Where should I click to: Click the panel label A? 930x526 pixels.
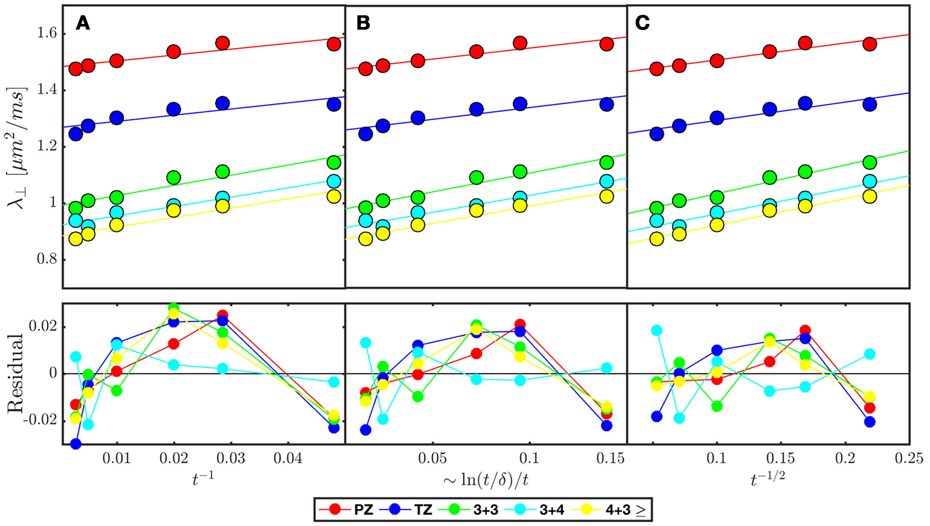(x=82, y=23)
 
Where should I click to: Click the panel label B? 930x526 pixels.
(x=363, y=23)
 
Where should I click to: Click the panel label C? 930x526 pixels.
(x=642, y=23)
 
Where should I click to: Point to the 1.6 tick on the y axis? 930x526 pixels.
(x=44, y=33)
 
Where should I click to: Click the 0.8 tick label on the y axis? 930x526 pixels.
(x=44, y=260)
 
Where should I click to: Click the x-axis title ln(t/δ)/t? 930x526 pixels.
(x=486, y=479)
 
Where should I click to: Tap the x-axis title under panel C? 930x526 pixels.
(x=768, y=479)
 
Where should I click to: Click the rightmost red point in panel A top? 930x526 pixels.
(x=334, y=44)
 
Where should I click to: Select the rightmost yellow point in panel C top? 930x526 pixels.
(x=869, y=197)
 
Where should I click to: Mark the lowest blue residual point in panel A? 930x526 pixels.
(x=76, y=444)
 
